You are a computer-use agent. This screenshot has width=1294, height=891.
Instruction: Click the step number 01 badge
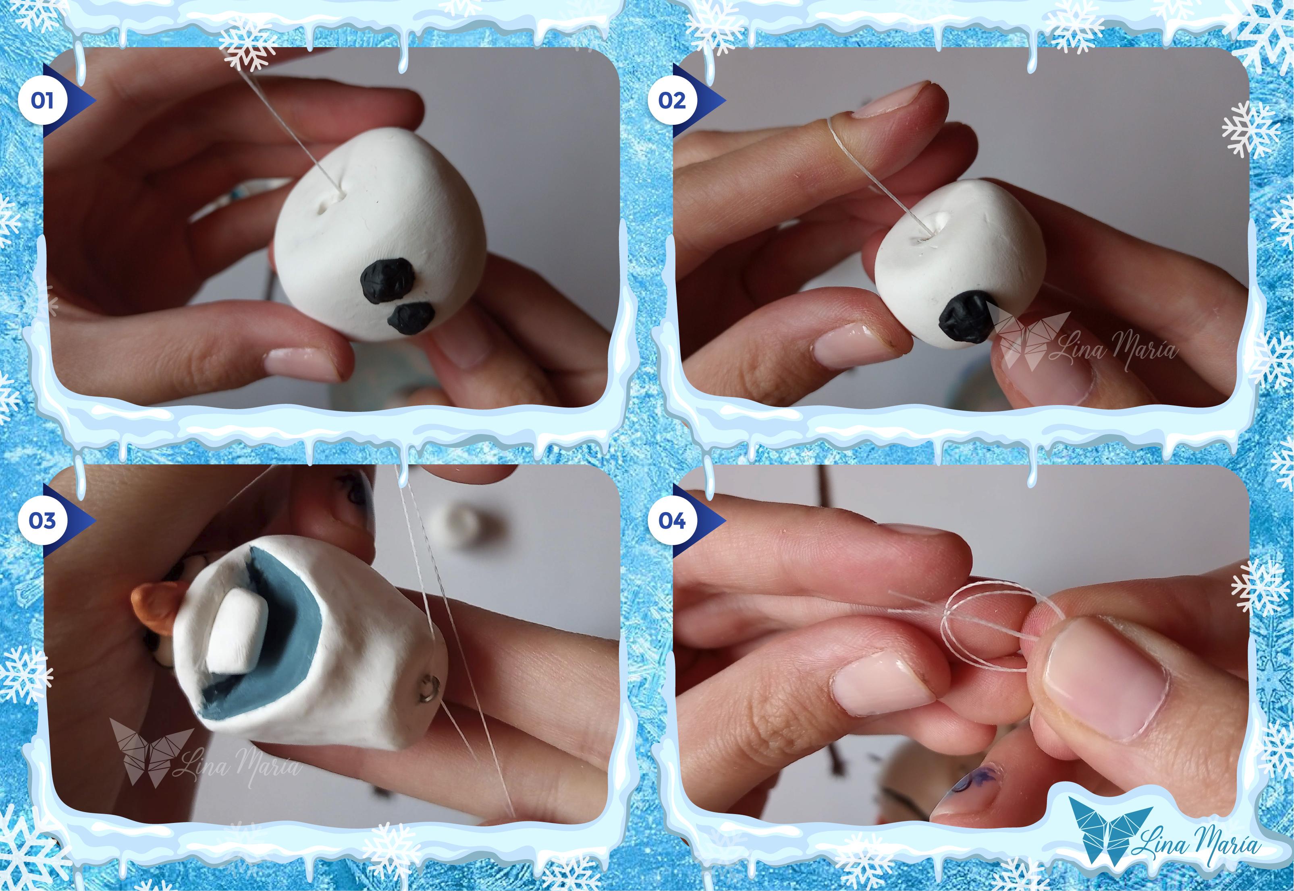click(42, 101)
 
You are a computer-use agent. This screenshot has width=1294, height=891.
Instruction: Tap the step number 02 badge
click(672, 101)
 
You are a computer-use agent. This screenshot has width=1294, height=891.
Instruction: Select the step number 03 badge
click(42, 521)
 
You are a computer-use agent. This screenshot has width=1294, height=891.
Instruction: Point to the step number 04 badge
click(672, 521)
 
